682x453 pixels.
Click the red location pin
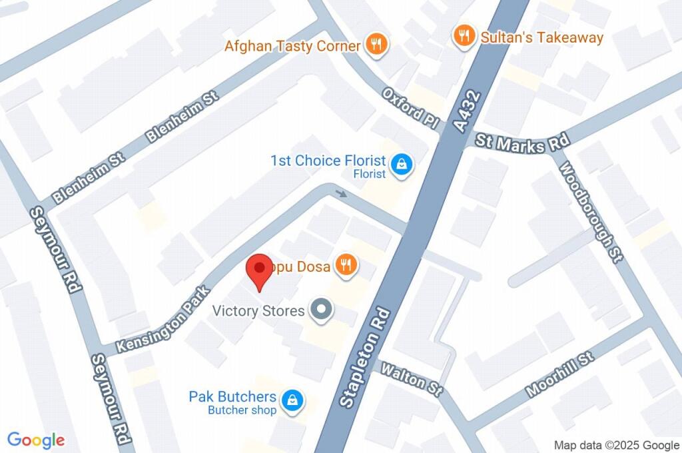(258, 270)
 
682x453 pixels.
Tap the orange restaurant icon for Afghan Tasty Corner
(377, 45)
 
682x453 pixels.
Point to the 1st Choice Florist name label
(328, 161)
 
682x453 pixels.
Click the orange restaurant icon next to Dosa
(346, 266)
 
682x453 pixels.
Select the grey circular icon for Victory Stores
(322, 310)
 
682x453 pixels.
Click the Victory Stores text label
(258, 310)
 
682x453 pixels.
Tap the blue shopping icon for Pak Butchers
(292, 400)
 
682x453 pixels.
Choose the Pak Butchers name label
(232, 397)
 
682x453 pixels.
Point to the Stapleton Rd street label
(362, 359)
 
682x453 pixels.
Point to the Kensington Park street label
(163, 320)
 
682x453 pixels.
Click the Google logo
(36, 440)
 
